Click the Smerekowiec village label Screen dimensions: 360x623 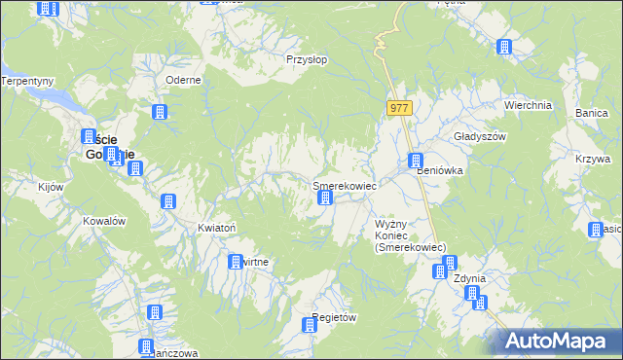tap(344, 184)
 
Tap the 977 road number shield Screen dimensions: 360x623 tap(398, 108)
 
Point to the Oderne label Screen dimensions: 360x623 tap(183, 80)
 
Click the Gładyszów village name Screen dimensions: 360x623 tap(481, 137)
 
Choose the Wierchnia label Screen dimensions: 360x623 tap(528, 105)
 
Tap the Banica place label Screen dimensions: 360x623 tap(591, 114)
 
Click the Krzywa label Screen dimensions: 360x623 tap(592, 158)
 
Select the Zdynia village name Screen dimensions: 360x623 tap(470, 278)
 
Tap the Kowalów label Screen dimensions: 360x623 tap(105, 221)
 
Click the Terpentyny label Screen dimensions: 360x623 tap(26, 81)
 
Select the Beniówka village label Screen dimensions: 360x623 tap(439, 170)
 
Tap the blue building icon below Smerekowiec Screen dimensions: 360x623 tap(325, 199)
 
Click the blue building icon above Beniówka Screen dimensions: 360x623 tap(416, 162)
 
